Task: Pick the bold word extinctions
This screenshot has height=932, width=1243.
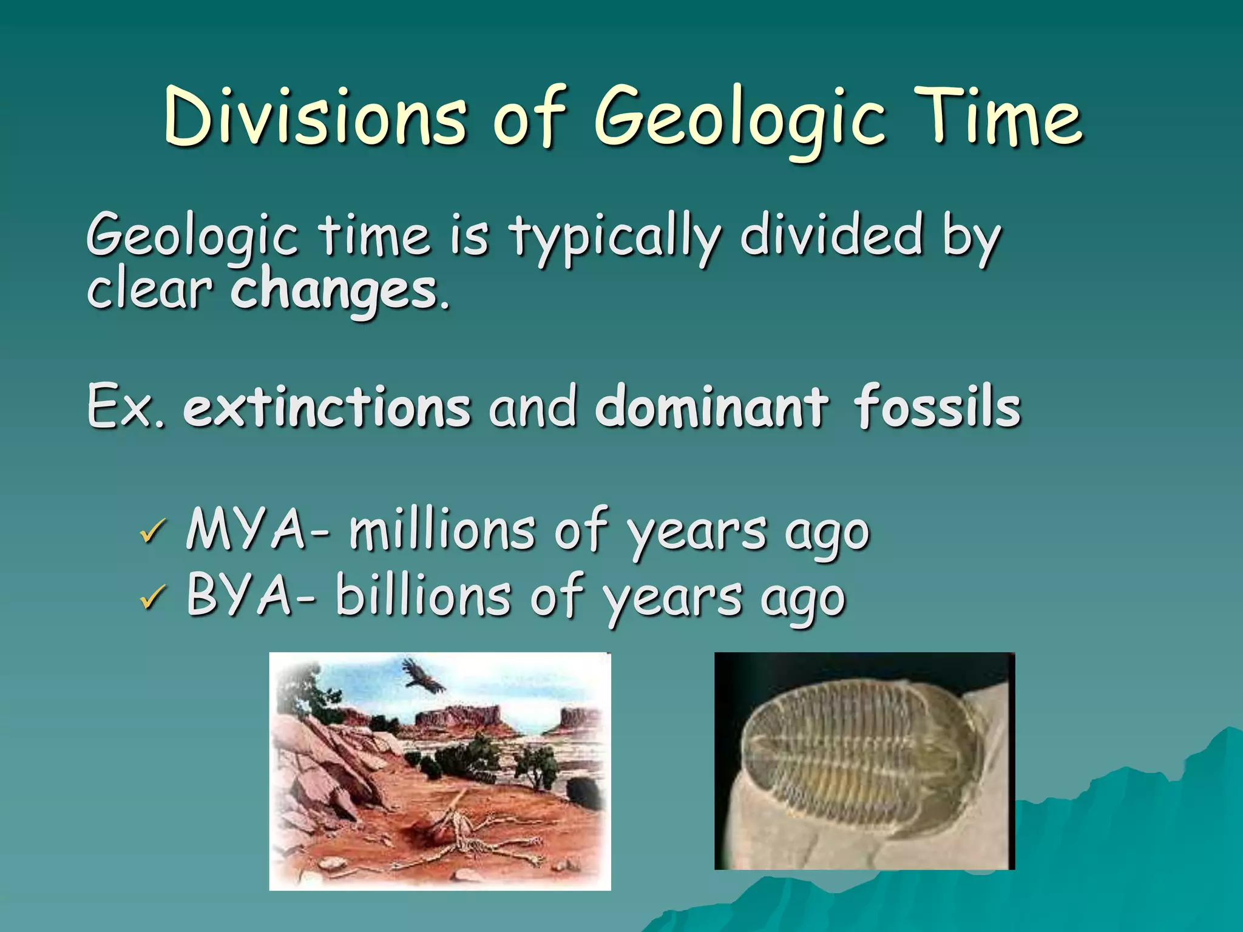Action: (327, 407)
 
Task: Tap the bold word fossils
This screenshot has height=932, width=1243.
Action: (937, 407)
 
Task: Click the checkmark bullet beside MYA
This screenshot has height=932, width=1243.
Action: (152, 532)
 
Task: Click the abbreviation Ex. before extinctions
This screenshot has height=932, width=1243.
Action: (125, 407)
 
